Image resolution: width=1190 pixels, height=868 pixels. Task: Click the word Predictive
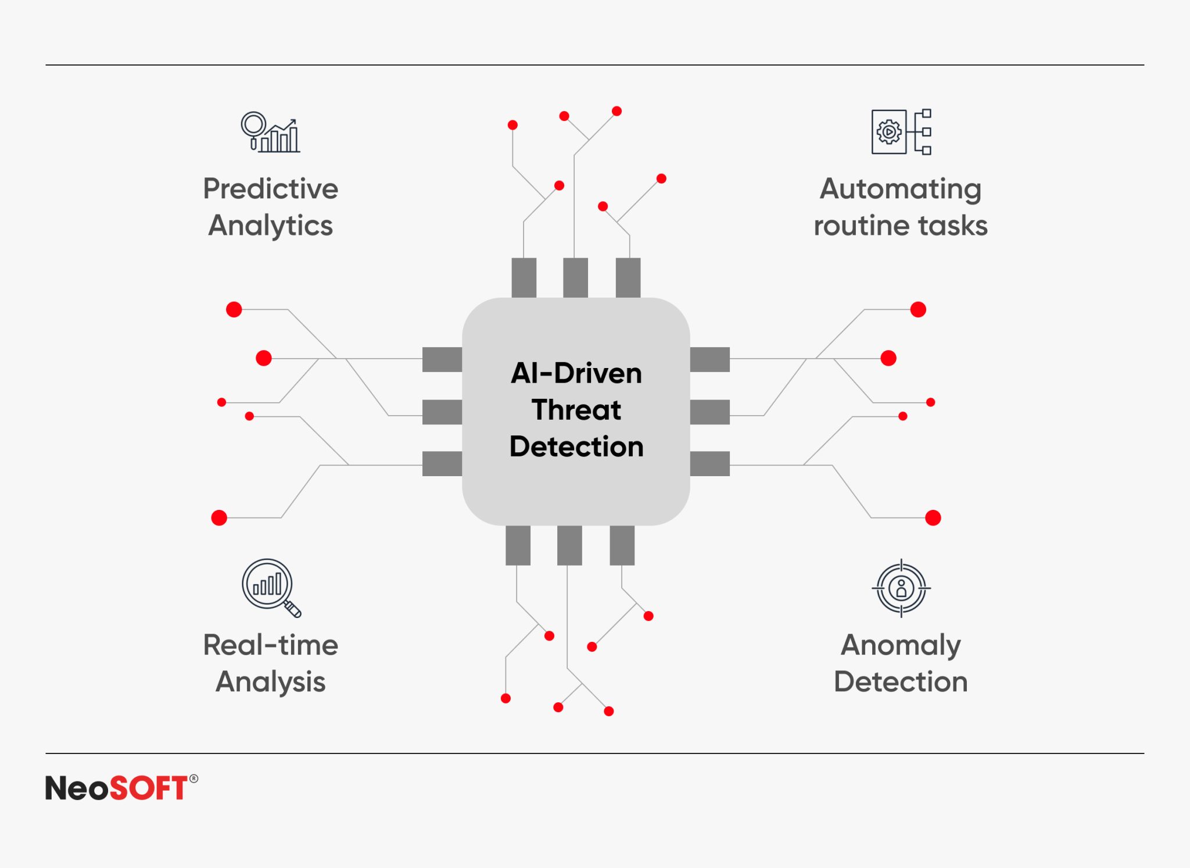point(270,189)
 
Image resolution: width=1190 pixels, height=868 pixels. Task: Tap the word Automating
point(900,189)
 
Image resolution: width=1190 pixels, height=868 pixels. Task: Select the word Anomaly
point(900,645)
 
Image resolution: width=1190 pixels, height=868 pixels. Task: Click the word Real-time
point(270,645)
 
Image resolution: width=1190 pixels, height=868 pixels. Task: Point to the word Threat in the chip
point(576,410)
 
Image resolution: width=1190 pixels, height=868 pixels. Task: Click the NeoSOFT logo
point(116,788)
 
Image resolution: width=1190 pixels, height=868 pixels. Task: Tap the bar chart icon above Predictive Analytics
point(271,132)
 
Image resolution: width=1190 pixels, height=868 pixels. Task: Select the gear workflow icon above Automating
point(901,132)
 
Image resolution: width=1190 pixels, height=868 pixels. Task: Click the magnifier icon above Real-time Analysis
point(271,587)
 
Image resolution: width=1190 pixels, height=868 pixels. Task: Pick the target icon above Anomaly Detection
point(901,588)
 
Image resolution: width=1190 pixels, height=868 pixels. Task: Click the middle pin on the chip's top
point(575,278)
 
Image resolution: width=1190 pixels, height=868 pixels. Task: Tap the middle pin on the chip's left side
point(442,412)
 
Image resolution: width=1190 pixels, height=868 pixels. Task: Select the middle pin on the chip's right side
point(709,412)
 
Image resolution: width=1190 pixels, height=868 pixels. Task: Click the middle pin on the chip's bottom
point(569,545)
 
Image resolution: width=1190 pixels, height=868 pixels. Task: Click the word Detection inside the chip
point(576,446)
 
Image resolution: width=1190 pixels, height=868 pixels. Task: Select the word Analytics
point(270,226)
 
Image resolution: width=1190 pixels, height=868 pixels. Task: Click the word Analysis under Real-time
point(270,681)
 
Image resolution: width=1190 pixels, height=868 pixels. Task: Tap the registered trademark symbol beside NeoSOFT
point(193,778)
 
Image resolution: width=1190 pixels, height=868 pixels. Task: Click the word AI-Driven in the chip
point(576,373)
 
